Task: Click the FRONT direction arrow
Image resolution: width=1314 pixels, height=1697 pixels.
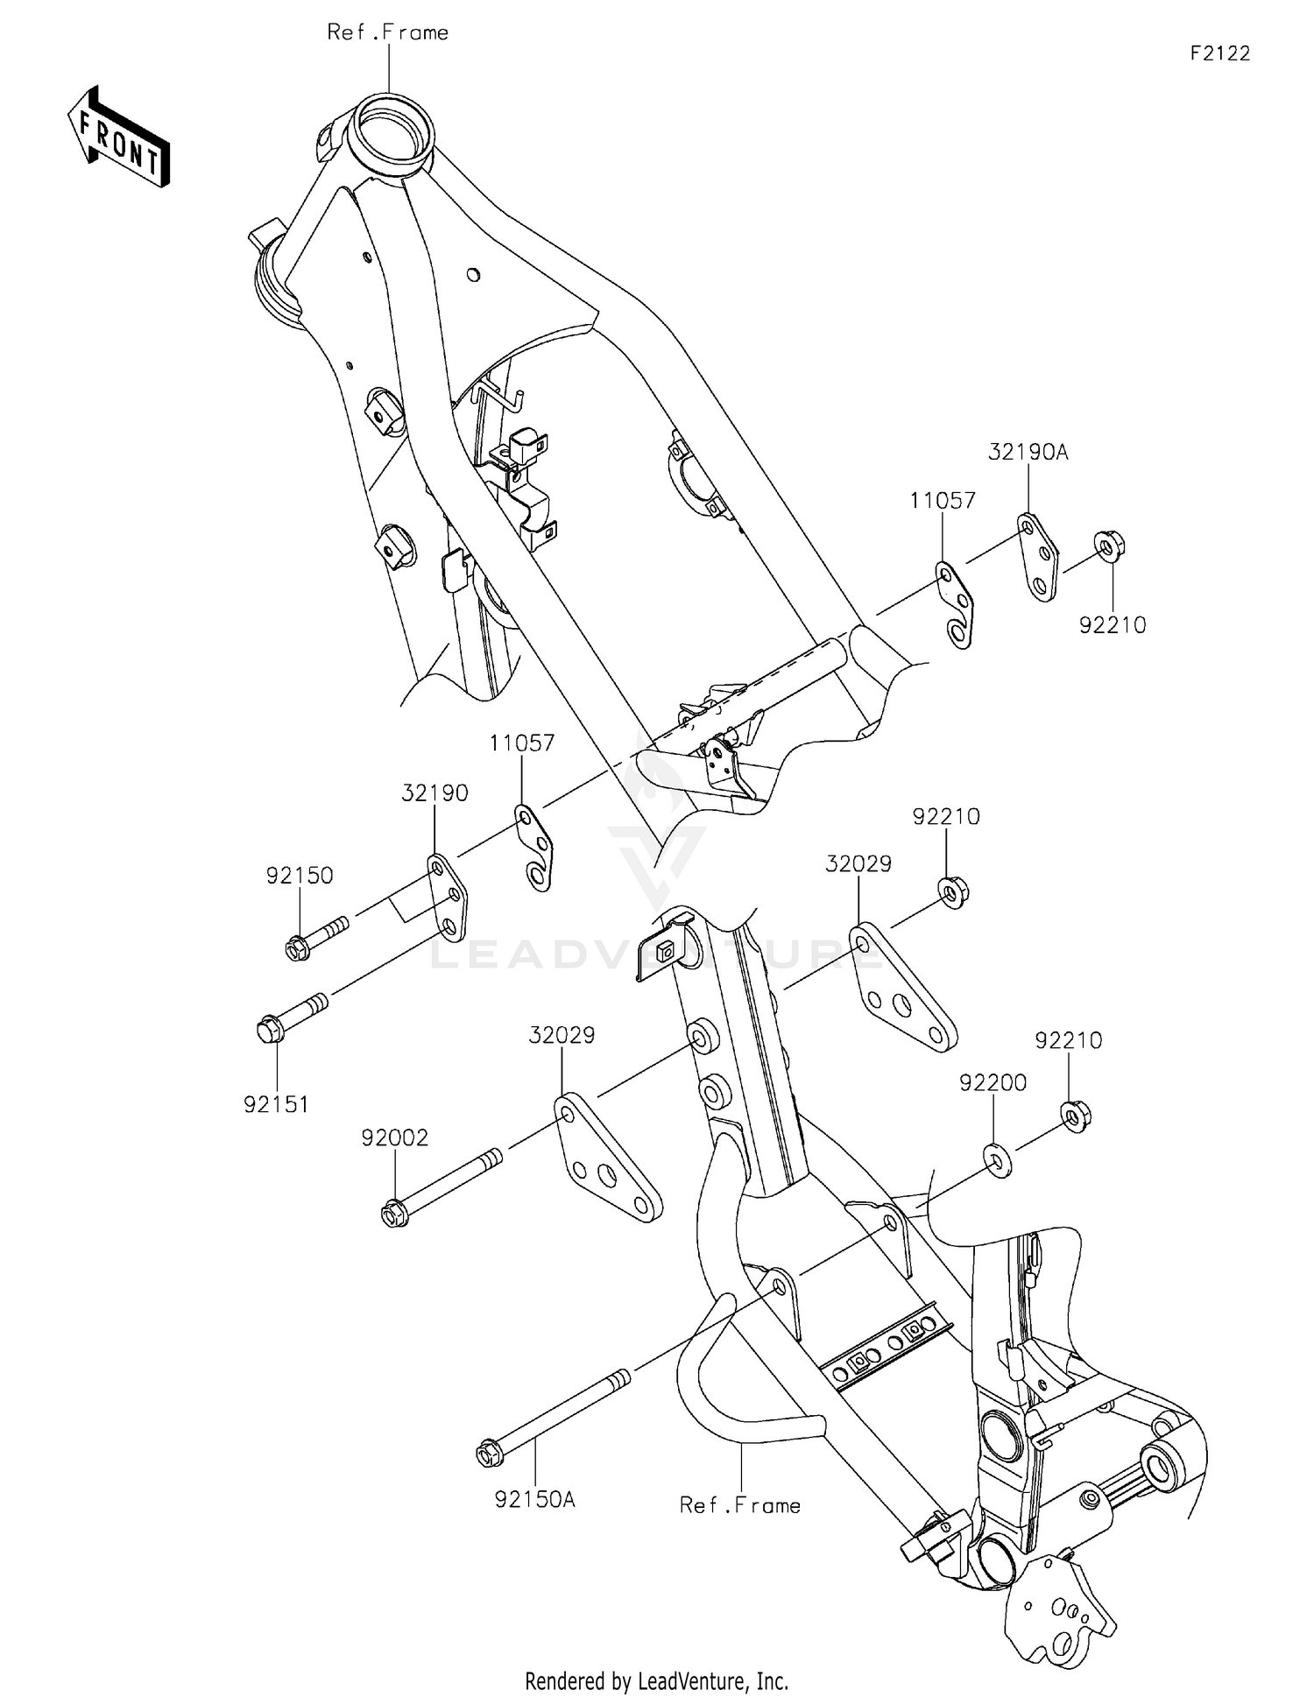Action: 118,137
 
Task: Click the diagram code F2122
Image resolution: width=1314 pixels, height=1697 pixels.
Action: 1219,53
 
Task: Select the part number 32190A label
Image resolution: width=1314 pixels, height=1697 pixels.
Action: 1028,453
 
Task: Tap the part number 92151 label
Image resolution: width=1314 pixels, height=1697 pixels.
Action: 276,1105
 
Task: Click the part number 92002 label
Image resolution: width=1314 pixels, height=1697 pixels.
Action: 394,1138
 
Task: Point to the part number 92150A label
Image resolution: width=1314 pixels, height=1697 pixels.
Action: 534,1500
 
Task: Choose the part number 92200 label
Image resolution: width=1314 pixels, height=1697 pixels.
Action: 993,1083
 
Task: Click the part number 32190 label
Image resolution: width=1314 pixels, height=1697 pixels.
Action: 434,793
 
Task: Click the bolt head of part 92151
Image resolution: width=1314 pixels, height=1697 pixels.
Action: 271,1030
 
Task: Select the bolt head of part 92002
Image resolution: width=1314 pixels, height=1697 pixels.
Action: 393,1215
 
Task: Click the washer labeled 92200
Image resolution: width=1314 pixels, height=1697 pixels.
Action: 997,1159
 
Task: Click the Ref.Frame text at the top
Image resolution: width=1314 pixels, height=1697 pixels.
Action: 387,33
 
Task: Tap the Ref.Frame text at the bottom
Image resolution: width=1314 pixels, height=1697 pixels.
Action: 740,1505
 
